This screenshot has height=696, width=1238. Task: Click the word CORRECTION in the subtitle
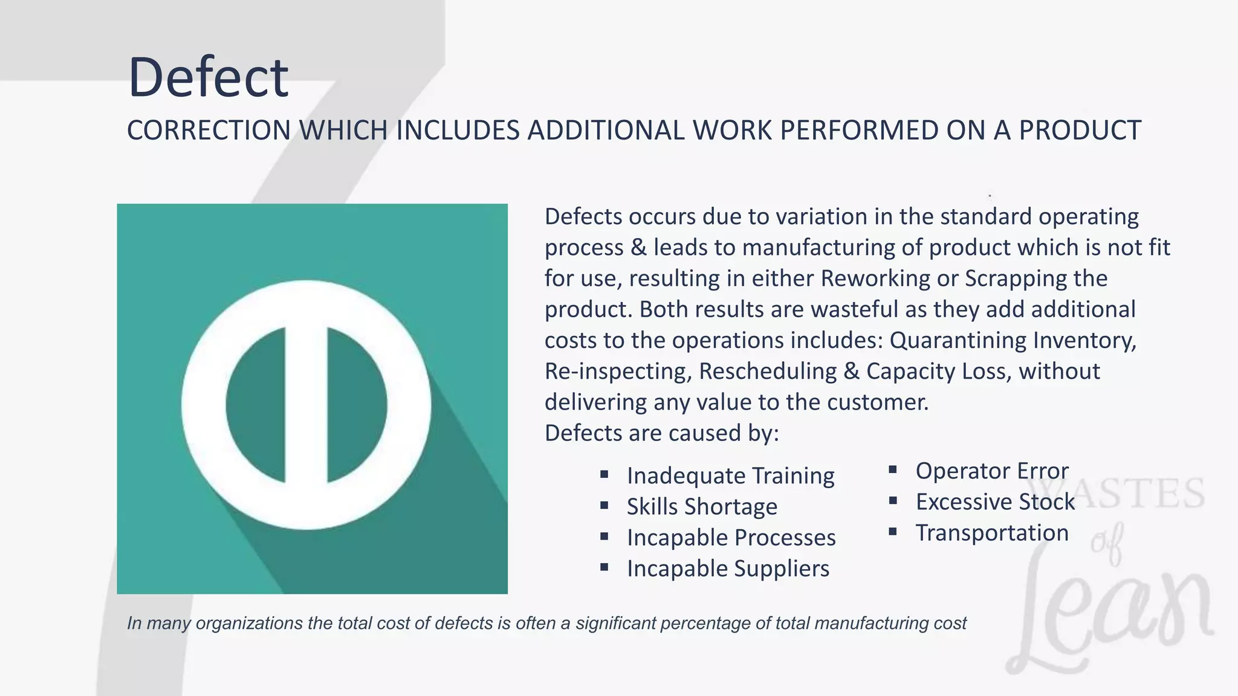coord(209,130)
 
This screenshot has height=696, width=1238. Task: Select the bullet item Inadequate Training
coord(730,475)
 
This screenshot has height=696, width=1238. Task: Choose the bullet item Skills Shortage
coord(701,506)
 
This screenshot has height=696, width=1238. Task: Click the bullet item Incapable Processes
coord(731,538)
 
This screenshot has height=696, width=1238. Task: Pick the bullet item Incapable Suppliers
coord(728,569)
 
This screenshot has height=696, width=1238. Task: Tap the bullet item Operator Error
coord(991,471)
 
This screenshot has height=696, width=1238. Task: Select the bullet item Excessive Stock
coord(995,501)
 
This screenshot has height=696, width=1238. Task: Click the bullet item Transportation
coord(991,533)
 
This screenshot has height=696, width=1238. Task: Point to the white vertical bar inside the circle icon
coord(306,405)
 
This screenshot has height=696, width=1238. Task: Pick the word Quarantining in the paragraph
coord(958,340)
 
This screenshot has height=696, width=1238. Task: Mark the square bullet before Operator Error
coord(893,469)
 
